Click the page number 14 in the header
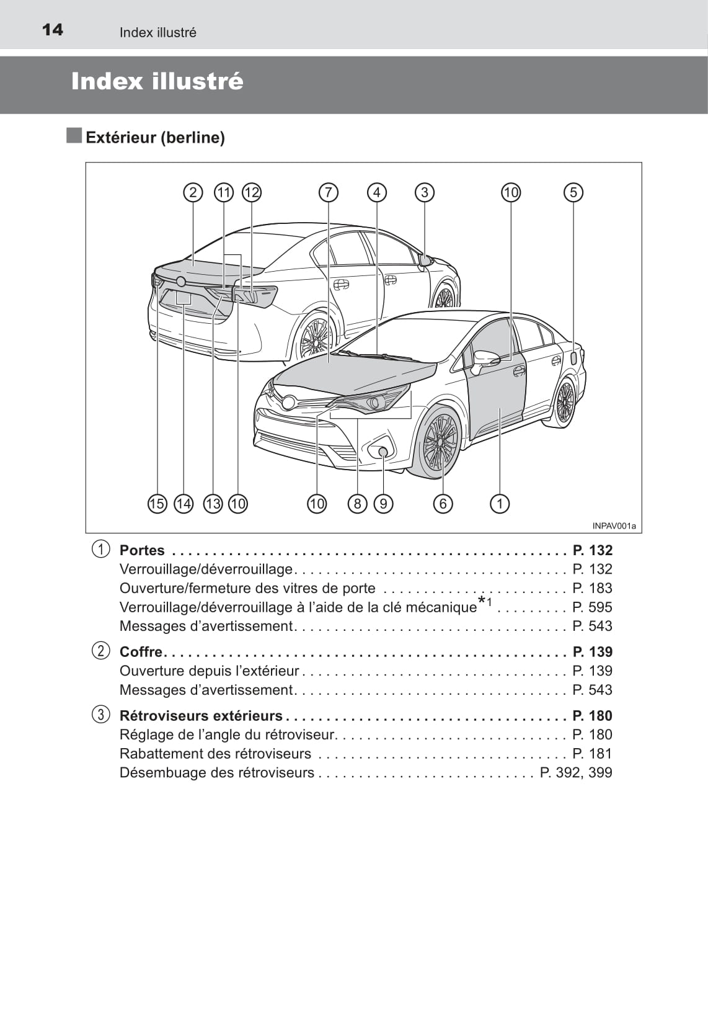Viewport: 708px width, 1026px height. pos(53,30)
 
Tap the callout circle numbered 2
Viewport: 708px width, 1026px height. pos(193,192)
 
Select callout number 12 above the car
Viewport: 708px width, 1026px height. pos(252,192)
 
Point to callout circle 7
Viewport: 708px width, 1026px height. pos(328,192)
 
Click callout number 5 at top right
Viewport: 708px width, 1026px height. pos(573,192)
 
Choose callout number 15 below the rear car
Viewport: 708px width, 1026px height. pos(157,503)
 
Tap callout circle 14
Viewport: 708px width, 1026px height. pos(184,503)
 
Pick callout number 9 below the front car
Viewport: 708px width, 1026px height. pos(384,503)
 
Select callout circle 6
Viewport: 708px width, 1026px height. pos(443,503)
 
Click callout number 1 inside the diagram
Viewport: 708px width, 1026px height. pos(500,503)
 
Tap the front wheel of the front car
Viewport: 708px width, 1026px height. pos(440,442)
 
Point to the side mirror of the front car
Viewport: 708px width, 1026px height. pos(485,359)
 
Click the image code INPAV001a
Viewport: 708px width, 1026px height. pos(614,526)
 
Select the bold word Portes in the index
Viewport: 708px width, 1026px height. pos(142,550)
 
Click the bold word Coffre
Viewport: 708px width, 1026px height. pos(141,652)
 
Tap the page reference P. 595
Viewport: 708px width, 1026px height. pos(592,607)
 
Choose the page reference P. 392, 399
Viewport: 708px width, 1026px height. pos(576,773)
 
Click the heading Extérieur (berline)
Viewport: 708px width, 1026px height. pos(155,138)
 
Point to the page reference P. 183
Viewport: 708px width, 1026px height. pos(592,588)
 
